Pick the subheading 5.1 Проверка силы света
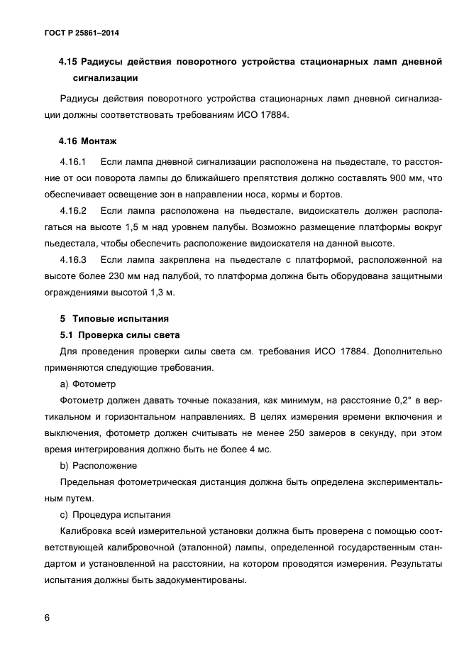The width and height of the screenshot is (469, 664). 119,334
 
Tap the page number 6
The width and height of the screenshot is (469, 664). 46,618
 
